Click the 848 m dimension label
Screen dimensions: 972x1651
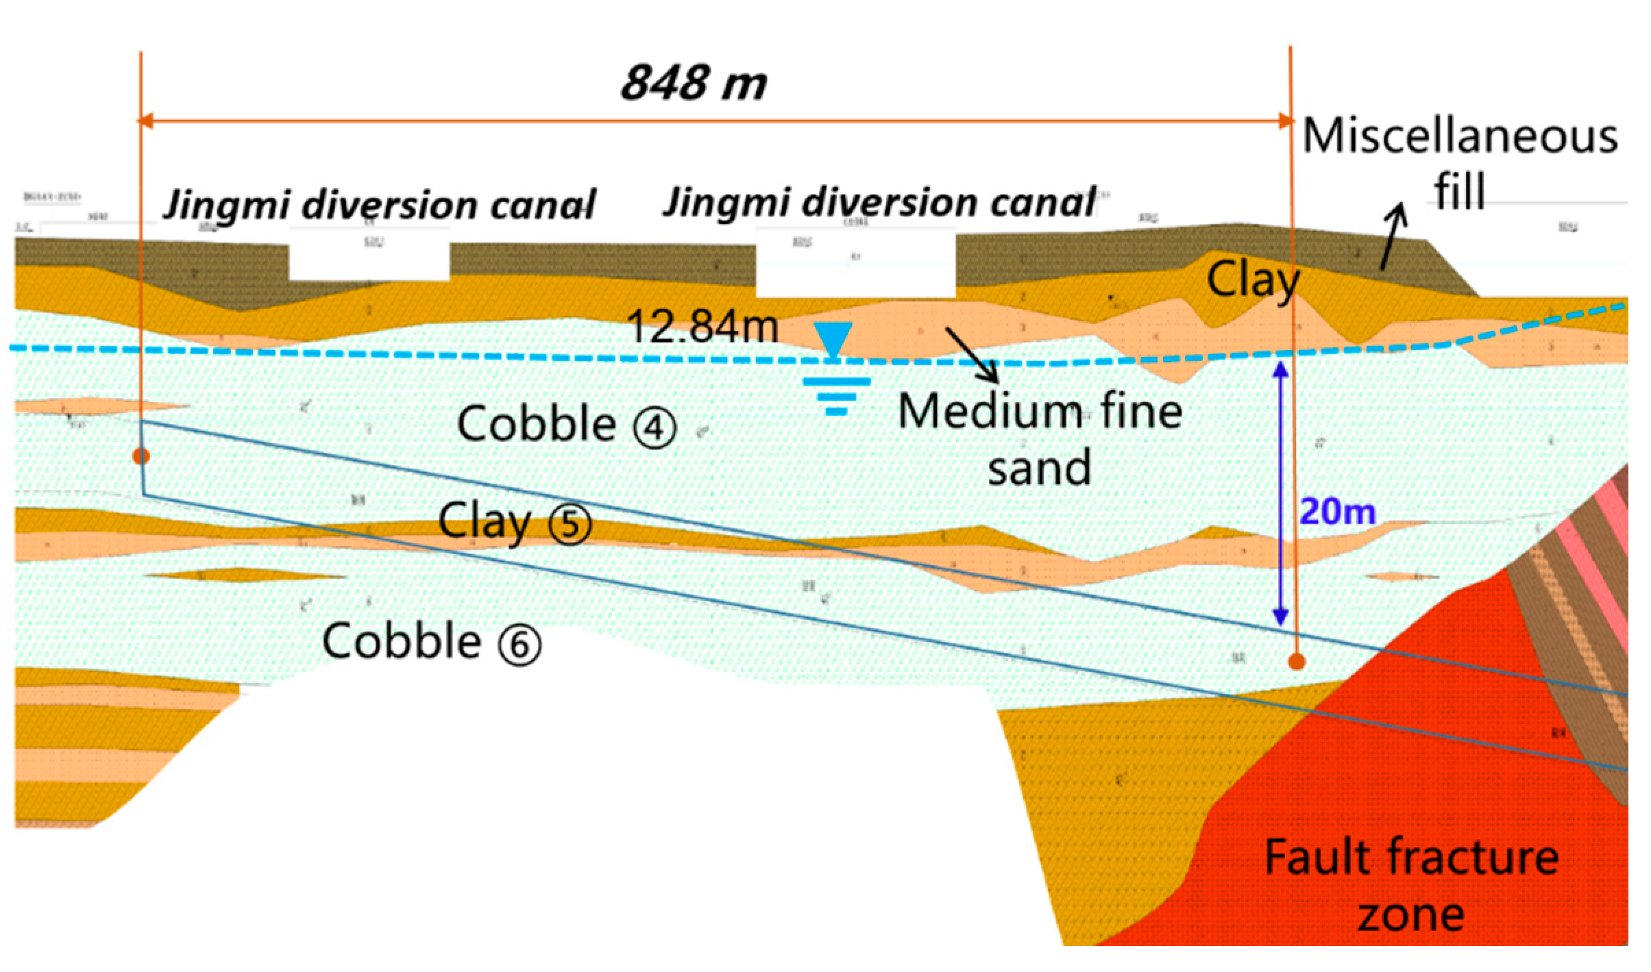click(x=693, y=84)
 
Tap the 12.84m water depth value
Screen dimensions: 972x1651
click(x=702, y=326)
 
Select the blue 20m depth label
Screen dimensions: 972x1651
click(x=1337, y=512)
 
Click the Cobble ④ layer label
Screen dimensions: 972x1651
click(x=565, y=425)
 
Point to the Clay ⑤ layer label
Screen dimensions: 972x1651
click(x=514, y=523)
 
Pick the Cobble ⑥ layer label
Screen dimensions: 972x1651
click(x=431, y=643)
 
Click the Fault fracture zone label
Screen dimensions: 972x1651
click(x=1411, y=885)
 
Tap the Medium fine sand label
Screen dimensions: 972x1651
click(x=1040, y=439)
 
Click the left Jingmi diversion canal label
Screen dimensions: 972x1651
click(x=380, y=205)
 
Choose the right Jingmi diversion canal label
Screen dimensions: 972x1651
click(x=880, y=203)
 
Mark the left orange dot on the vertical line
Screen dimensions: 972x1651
click(x=141, y=456)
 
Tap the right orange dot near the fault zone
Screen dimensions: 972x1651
click(x=1296, y=662)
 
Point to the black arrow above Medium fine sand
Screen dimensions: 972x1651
click(x=972, y=355)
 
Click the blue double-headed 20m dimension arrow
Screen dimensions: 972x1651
click(x=1280, y=493)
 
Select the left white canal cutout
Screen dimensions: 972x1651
click(x=369, y=262)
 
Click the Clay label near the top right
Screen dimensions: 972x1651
click(x=1252, y=280)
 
